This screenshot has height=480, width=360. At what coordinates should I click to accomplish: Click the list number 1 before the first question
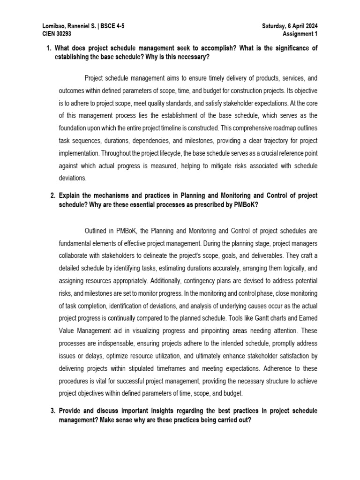tap(48, 48)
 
